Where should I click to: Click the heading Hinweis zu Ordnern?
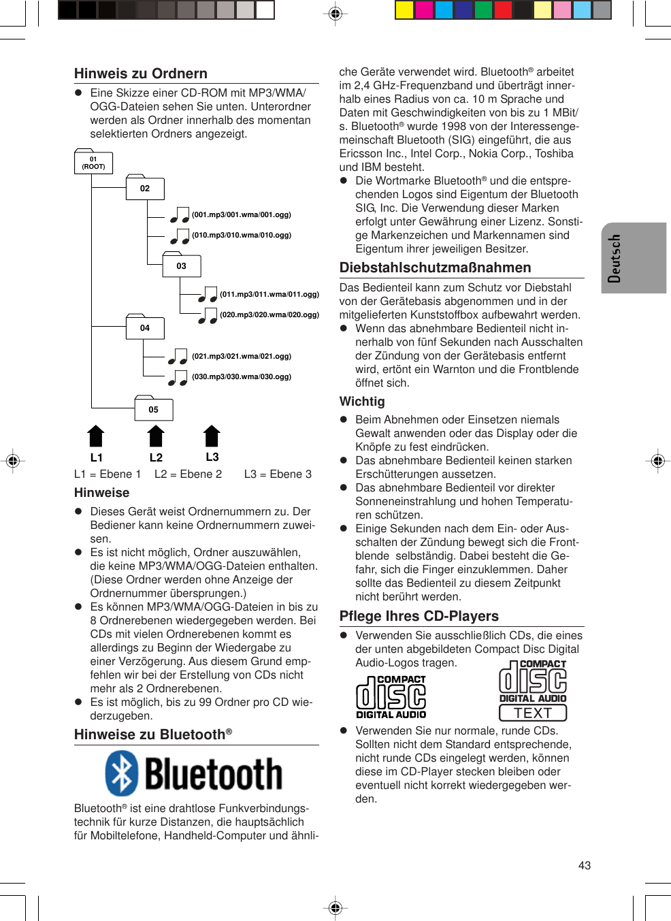coord(141,74)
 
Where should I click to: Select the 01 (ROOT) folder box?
coord(93,163)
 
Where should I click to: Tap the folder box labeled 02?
coord(145,188)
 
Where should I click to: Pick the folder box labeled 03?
coord(181,265)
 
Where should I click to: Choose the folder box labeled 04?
coord(145,327)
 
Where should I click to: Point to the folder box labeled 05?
coord(154,409)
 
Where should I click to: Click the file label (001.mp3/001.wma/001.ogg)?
coord(242,214)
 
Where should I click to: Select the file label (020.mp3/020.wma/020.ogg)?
coord(269,314)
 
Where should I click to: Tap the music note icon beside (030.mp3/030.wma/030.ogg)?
coord(178,377)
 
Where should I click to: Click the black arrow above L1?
coord(96,436)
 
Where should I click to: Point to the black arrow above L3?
coord(212,436)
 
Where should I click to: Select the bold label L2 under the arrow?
coord(156,457)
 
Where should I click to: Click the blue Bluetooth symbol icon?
coord(122,773)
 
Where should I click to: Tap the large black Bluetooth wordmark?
coord(214,775)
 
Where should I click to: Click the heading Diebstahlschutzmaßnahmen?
coord(436,268)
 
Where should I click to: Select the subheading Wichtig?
coord(362,402)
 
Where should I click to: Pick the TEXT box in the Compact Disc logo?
coord(533,713)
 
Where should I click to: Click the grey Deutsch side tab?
coord(633,258)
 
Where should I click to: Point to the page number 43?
coord(585,865)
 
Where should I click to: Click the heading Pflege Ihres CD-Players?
coord(419,616)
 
